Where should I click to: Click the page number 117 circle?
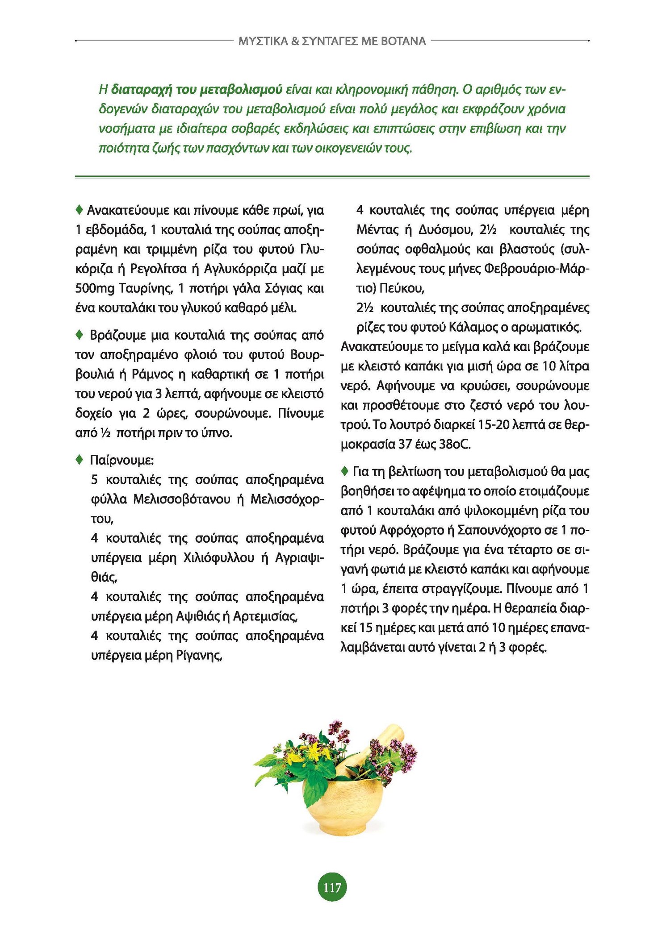pyautogui.click(x=332, y=887)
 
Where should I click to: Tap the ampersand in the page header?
pyautogui.click(x=295, y=42)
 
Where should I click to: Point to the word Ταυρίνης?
pyautogui.click(x=146, y=288)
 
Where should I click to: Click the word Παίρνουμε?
pyautogui.click(x=121, y=460)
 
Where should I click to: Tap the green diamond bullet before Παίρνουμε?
pyautogui.click(x=80, y=459)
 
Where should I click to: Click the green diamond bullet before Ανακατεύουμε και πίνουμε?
pyautogui.click(x=80, y=209)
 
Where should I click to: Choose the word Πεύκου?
pyautogui.click(x=402, y=288)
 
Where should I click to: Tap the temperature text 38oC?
pyautogui.click(x=455, y=445)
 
